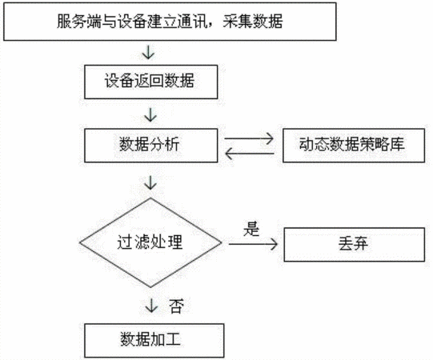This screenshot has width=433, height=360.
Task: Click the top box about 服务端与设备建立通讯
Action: pyautogui.click(x=170, y=22)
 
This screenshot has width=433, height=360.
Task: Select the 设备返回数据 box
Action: pyautogui.click(x=150, y=82)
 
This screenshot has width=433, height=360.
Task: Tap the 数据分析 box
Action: pyautogui.click(x=150, y=146)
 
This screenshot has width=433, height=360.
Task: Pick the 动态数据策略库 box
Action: pyautogui.click(x=354, y=146)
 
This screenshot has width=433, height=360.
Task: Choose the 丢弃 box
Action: pyautogui.click(x=355, y=244)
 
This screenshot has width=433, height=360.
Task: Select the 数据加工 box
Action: pyautogui.click(x=154, y=340)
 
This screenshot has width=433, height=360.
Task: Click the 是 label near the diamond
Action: pyautogui.click(x=251, y=229)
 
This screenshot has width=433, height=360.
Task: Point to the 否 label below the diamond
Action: pyautogui.click(x=176, y=306)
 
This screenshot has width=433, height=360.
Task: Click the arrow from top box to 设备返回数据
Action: pyautogui.click(x=148, y=53)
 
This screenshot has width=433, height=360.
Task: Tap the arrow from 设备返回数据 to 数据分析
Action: pyautogui.click(x=150, y=115)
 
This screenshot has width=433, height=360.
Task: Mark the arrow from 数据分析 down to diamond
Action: pyautogui.click(x=150, y=182)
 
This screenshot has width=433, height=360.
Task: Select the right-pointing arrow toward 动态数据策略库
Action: pyautogui.click(x=249, y=138)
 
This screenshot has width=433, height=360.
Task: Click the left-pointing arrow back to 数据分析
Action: pyautogui.click(x=250, y=154)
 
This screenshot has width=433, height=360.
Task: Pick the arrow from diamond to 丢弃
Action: pyautogui.click(x=253, y=244)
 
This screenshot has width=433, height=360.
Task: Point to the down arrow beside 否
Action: pyautogui.click(x=151, y=306)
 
